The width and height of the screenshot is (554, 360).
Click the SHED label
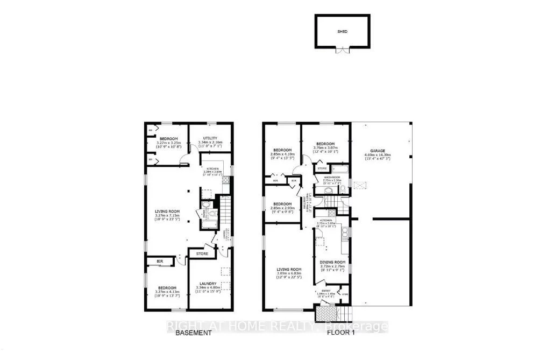(342, 32)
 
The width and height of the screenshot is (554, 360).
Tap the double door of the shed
(342, 51)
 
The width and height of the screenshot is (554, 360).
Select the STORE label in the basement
(202, 253)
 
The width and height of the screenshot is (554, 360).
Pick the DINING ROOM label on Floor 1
(329, 262)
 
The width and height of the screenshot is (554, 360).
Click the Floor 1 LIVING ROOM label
(289, 269)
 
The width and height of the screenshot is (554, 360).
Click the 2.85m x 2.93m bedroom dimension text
(282, 210)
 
